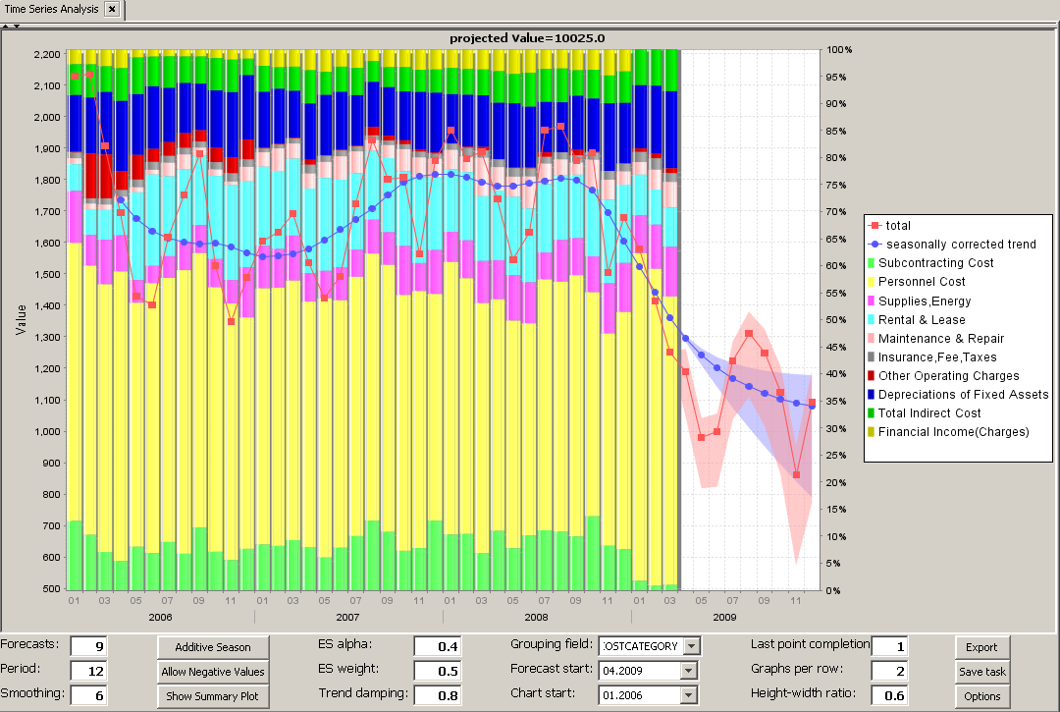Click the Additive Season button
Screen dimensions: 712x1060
[x=213, y=646]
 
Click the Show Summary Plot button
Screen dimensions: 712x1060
[x=213, y=696]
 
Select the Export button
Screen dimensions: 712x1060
[x=981, y=646]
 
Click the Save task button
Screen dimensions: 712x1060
[x=981, y=672]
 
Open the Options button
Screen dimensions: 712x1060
[x=981, y=696]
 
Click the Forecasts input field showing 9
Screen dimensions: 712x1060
[x=88, y=645]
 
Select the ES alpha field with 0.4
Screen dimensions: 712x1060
[x=437, y=645]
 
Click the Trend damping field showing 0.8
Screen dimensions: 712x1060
[x=437, y=694]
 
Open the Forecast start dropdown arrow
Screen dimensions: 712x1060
[x=688, y=670]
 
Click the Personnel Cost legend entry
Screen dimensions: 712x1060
[x=922, y=282]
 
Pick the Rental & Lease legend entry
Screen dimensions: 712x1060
[x=922, y=319]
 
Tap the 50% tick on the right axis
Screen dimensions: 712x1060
[x=839, y=319]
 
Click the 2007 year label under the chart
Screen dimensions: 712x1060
[x=347, y=617]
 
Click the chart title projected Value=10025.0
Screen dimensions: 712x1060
[x=532, y=38]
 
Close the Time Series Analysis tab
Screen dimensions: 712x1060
[x=112, y=9]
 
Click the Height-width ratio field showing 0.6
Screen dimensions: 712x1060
[x=888, y=694]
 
